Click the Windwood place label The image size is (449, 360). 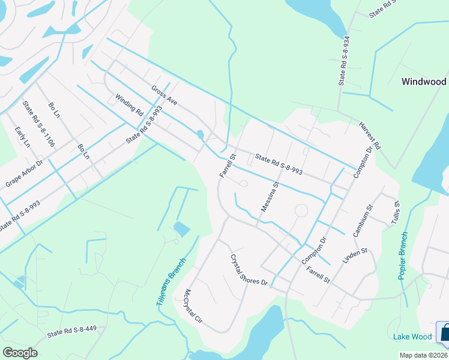[424, 82]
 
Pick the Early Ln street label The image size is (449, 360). [22, 137]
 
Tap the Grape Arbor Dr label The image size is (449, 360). [25, 173]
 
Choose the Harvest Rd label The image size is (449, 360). [370, 136]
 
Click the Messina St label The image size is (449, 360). [270, 197]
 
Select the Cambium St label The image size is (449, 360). [363, 220]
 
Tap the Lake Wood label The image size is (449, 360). [412, 337]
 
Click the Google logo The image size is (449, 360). [20, 352]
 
